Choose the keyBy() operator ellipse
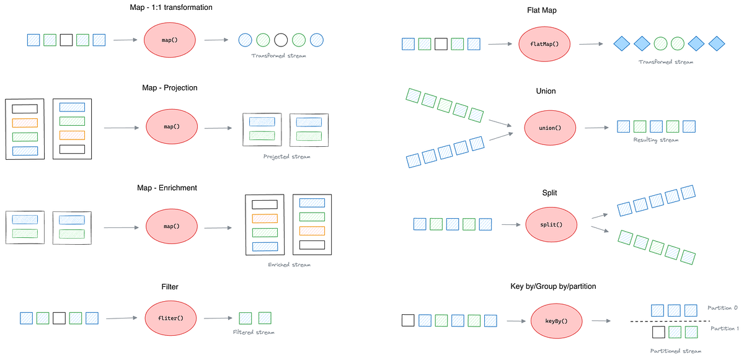click(556, 321)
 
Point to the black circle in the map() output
click(281, 40)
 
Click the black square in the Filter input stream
click(59, 318)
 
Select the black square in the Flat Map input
click(441, 44)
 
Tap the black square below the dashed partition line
click(659, 333)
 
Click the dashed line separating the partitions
click(670, 321)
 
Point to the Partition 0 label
click(723, 308)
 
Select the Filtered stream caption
click(254, 333)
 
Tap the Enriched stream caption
click(289, 265)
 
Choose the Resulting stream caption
click(656, 140)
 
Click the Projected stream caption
click(286, 157)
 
